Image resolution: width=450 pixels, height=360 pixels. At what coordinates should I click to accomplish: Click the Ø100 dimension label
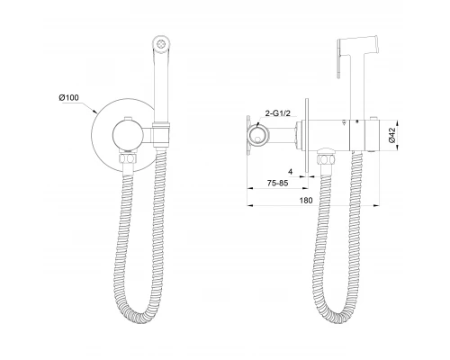click(68, 97)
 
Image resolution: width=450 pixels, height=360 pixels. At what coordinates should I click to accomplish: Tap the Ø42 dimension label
click(391, 135)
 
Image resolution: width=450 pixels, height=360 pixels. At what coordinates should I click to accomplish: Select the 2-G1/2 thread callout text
click(278, 113)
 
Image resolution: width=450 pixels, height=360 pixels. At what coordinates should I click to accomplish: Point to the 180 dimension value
click(306, 200)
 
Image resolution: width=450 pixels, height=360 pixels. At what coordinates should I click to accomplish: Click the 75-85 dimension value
click(277, 183)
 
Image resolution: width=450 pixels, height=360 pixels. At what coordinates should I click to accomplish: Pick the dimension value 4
click(290, 172)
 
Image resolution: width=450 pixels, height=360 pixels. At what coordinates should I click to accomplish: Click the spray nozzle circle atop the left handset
click(161, 44)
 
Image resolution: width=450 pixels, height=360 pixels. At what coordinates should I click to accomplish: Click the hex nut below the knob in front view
click(128, 158)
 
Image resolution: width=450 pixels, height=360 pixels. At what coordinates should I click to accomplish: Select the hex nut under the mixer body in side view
click(326, 158)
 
